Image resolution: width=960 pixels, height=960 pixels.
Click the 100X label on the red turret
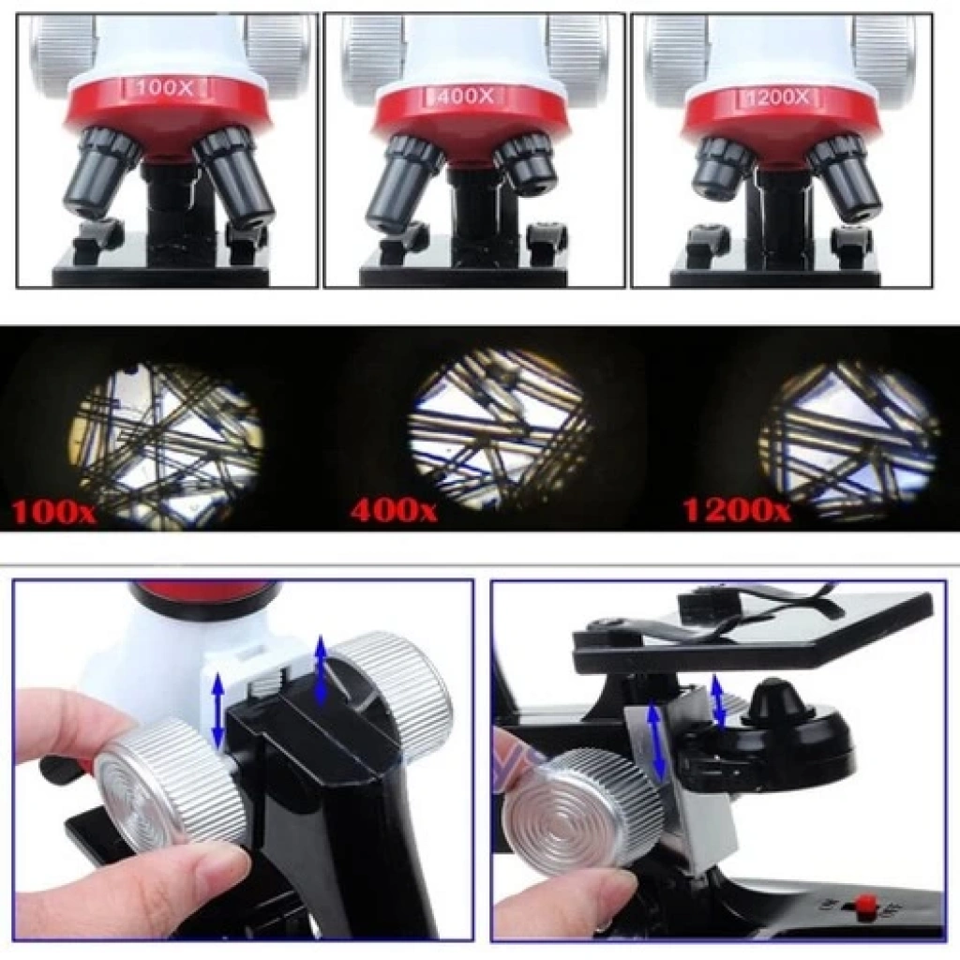[x=165, y=88]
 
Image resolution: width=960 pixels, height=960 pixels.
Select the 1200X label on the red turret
[x=776, y=97]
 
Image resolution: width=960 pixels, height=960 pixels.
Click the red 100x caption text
[x=53, y=512]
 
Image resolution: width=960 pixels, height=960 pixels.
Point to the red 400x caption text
[x=393, y=509]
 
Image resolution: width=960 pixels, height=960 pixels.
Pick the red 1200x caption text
[x=737, y=509]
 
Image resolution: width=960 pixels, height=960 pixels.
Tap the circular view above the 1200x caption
[x=849, y=440]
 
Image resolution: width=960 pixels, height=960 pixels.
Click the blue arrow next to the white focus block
[x=218, y=711]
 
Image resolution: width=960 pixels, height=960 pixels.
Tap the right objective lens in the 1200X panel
[x=845, y=177]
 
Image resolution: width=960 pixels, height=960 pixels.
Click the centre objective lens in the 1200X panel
[x=779, y=208]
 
